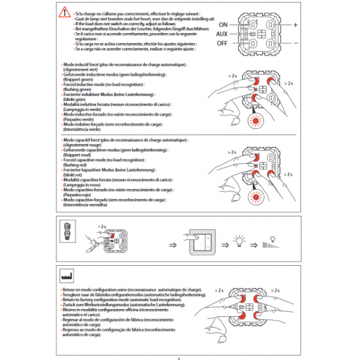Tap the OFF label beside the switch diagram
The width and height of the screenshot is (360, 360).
[223, 44]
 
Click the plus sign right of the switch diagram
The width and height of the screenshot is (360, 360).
[295, 24]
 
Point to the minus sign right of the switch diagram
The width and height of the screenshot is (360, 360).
[296, 44]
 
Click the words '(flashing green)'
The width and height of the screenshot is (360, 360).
[78, 89]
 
